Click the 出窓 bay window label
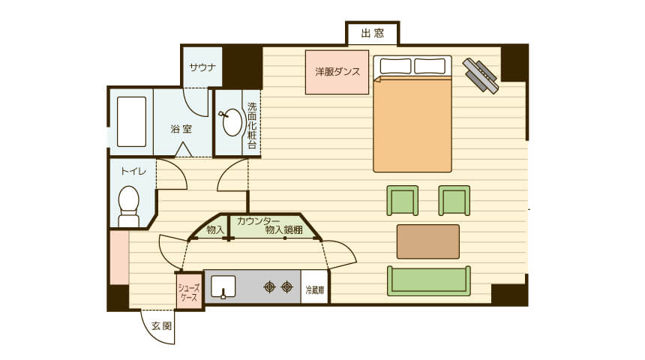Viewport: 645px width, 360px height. tap(373, 33)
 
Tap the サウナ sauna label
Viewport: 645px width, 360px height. tap(202, 67)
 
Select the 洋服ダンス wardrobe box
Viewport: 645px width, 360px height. tap(337, 72)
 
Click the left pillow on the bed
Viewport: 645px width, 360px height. tap(395, 66)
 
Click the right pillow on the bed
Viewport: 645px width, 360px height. tap(430, 66)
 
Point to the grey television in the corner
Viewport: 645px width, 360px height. tap(481, 76)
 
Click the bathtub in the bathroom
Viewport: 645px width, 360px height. tap(132, 121)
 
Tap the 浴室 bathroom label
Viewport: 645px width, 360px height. tap(181, 129)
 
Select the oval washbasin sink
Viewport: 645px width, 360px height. tap(232, 122)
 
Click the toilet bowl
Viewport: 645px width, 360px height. tap(129, 205)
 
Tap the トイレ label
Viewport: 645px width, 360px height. tap(133, 171)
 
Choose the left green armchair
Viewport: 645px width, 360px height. tap(402, 200)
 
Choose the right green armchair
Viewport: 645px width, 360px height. tap(454, 200)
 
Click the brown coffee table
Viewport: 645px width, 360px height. tap(428, 241)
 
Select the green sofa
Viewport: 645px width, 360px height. tap(429, 281)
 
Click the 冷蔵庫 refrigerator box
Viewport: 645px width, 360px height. tap(315, 287)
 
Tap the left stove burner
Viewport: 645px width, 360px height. tap(270, 286)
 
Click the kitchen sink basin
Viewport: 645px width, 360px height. tap(223, 286)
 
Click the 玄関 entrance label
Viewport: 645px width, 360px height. tap(162, 326)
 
